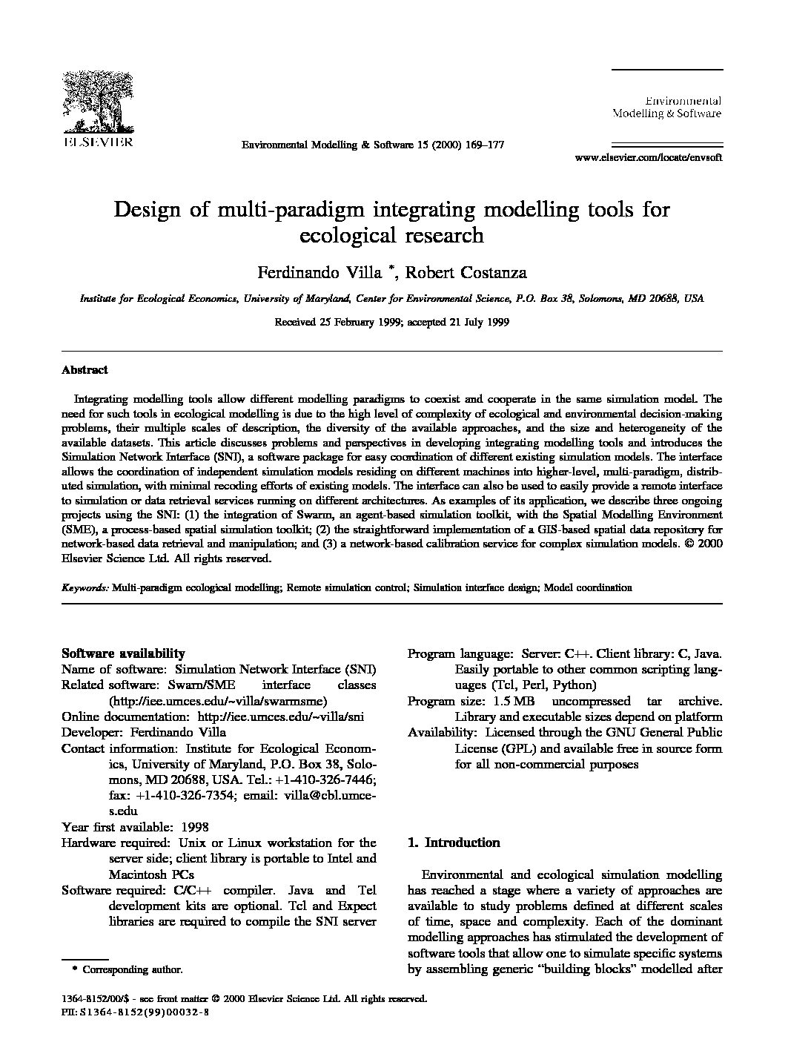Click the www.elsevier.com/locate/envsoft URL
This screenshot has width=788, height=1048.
click(648, 157)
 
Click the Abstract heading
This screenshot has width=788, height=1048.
click(85, 369)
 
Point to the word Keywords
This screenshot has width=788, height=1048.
click(85, 587)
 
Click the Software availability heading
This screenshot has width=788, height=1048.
click(123, 653)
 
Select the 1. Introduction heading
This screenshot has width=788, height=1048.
click(454, 843)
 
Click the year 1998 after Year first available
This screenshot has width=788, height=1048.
click(193, 827)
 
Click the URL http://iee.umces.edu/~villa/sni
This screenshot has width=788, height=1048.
click(279, 716)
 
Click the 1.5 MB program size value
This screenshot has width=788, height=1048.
click(509, 701)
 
